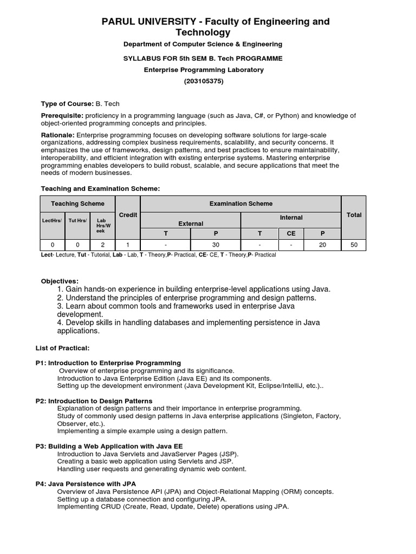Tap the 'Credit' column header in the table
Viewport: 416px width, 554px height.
(128, 215)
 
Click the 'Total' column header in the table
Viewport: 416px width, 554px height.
(354, 215)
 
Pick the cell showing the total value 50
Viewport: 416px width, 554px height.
(354, 245)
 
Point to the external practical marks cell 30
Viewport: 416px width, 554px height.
(216, 245)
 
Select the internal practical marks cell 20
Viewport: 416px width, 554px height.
(323, 245)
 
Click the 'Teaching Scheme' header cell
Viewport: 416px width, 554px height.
(78, 203)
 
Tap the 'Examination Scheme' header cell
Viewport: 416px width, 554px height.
(241, 203)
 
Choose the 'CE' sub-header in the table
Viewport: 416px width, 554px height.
(291, 233)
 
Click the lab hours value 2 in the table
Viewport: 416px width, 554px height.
(101, 245)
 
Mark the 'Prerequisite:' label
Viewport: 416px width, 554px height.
(62, 116)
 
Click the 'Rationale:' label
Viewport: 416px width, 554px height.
(58, 135)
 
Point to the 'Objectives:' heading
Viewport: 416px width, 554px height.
(60, 281)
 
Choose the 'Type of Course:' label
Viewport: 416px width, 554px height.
(68, 103)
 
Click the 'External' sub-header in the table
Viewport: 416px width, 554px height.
(191, 223)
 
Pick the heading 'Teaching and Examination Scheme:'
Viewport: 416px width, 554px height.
(101, 188)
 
